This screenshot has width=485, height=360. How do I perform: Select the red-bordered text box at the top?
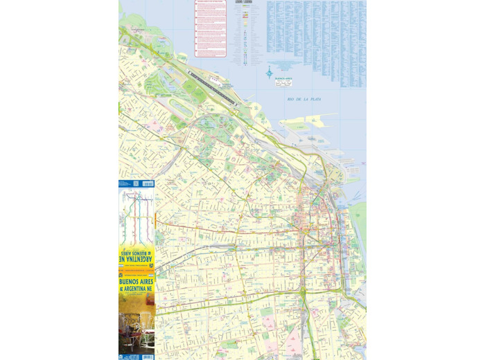point(211,28)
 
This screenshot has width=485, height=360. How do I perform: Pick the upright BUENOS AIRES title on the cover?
point(137,283)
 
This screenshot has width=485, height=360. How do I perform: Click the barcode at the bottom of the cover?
point(146,357)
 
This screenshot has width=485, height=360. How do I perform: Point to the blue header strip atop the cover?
point(137,183)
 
